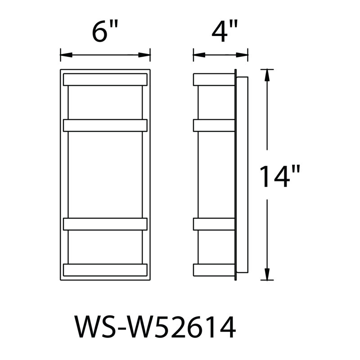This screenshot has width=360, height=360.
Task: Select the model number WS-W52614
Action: (155, 327)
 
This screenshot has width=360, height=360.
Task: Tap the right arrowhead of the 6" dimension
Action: (144, 55)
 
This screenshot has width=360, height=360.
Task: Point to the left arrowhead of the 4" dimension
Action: (199, 55)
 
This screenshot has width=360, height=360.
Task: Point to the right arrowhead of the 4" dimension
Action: (242, 55)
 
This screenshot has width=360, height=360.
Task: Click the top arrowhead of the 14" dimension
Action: (267, 75)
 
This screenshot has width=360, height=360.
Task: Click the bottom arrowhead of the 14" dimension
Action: (267, 274)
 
